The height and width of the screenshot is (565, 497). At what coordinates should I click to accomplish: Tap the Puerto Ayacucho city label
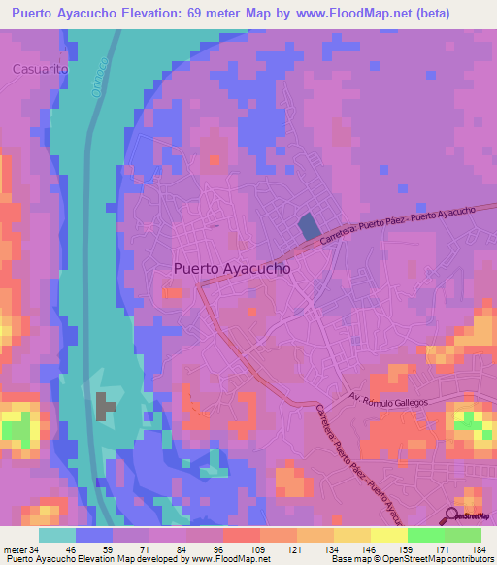(x=232, y=270)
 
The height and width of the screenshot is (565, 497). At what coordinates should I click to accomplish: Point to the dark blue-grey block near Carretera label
(x=309, y=227)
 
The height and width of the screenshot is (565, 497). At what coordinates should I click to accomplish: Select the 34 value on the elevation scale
(x=30, y=549)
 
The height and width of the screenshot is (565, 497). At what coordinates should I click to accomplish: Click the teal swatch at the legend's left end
(x=57, y=535)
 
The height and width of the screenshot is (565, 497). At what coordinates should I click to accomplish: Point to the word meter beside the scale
(x=13, y=549)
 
